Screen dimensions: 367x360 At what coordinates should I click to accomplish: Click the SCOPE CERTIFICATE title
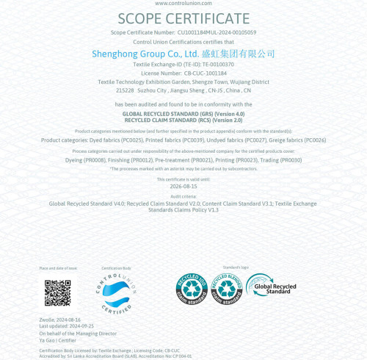[x=183, y=19]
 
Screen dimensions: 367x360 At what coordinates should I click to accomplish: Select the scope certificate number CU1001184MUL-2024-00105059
[x=217, y=33]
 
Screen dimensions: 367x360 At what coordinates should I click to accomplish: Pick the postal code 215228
[x=125, y=90]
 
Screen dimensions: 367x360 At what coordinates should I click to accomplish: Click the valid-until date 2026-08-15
[x=183, y=187]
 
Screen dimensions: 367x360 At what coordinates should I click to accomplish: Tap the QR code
[x=57, y=293]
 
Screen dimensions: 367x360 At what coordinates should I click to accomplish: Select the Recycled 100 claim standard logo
[x=192, y=289]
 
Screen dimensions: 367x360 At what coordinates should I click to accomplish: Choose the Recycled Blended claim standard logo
[x=227, y=289]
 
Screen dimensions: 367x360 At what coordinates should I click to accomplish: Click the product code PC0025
[x=131, y=140]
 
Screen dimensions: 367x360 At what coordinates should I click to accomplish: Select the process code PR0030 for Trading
[x=291, y=160]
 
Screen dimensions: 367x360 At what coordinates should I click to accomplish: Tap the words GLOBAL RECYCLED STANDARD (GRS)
[x=167, y=115]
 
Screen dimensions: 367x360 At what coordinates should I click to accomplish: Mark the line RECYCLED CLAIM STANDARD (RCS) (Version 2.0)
[x=183, y=120]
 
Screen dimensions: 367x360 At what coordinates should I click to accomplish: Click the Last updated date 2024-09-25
[x=79, y=326]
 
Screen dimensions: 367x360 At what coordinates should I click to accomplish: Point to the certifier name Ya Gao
[x=47, y=340]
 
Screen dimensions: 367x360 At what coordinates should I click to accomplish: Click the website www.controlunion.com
[x=183, y=4]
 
